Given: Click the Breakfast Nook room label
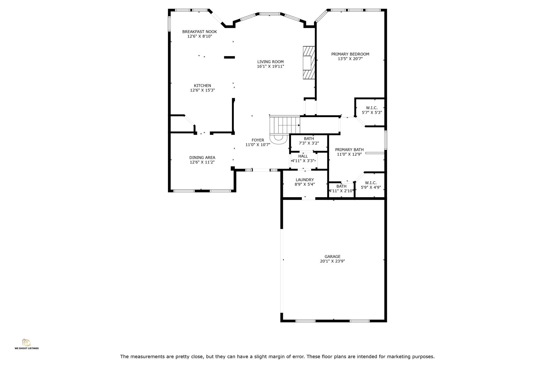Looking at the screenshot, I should tap(199, 32).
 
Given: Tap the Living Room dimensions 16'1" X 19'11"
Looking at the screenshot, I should tap(270, 66).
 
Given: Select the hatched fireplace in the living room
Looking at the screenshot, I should tap(309, 63).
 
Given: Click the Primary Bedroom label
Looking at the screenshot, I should tap(350, 54).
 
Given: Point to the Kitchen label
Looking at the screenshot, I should tap(202, 86).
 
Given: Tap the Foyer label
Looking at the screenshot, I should tap(258, 140).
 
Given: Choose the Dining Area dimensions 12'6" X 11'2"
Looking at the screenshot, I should tap(202, 162).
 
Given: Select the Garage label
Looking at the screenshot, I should tap(333, 257).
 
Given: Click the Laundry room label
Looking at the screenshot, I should tap(305, 180).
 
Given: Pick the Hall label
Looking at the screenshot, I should tap(303, 156).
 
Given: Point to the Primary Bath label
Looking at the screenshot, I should tap(349, 150).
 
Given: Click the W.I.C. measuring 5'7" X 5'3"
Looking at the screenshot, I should tap(372, 110).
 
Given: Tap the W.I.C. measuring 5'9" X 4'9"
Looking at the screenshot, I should tap(371, 185).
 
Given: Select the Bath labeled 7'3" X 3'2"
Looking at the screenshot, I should tap(309, 141).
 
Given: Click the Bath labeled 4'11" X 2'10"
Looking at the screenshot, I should tap(341, 189).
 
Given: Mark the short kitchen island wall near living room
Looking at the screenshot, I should tap(229, 57).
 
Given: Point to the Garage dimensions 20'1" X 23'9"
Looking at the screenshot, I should tap(333, 261).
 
